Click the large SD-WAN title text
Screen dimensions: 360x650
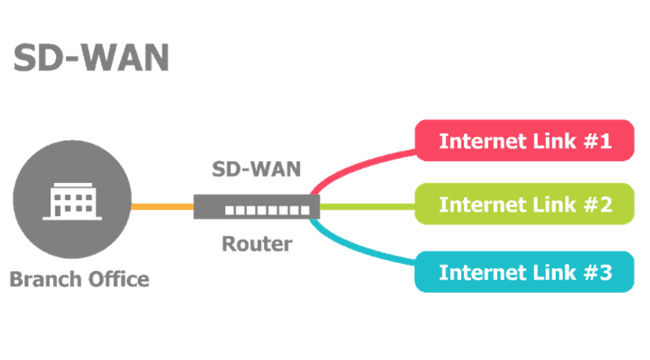[91, 58]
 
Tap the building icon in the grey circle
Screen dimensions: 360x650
[72, 201]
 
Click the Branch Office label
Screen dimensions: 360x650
[79, 279]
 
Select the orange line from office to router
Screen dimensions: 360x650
[162, 207]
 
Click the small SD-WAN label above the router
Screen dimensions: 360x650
[256, 169]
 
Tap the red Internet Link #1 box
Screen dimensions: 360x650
[524, 141]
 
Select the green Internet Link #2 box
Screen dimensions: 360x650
[524, 204]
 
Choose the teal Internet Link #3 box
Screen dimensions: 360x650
[524, 271]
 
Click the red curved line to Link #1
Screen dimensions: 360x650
[357, 165]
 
